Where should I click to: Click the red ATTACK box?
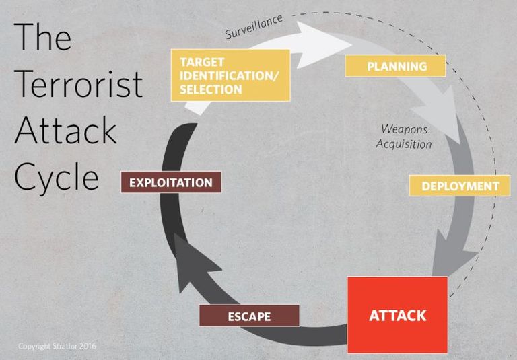point(397,315)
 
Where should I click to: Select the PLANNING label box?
point(396,66)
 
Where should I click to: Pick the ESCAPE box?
point(249,316)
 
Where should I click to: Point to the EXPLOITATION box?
point(170,182)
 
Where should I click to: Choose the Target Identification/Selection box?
point(230,75)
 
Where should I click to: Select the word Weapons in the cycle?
point(404,129)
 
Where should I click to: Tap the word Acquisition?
point(404,144)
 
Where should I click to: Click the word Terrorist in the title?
point(78,84)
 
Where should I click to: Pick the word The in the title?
point(42,37)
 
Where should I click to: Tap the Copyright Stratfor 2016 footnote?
point(57,346)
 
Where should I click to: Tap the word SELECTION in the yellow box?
point(211,89)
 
